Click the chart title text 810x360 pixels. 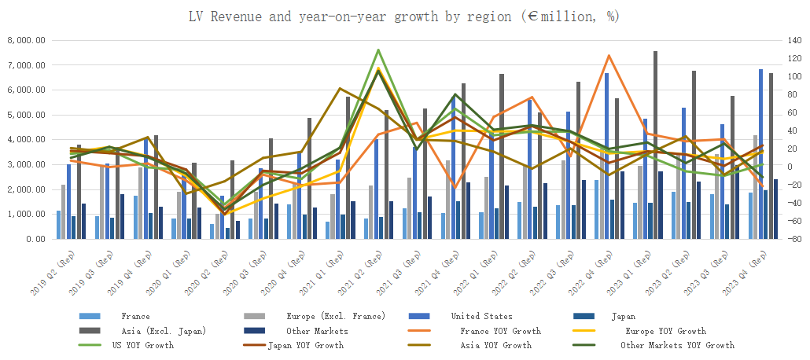click(x=403, y=16)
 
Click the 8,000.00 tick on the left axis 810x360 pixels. click(x=26, y=40)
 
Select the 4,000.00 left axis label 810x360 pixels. click(x=26, y=140)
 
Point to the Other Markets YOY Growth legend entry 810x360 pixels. click(x=677, y=345)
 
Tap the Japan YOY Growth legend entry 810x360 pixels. click(x=305, y=345)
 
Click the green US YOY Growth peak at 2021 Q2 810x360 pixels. click(x=379, y=50)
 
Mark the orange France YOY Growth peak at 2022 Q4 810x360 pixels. click(x=609, y=56)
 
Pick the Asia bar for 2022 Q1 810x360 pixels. click(x=501, y=157)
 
